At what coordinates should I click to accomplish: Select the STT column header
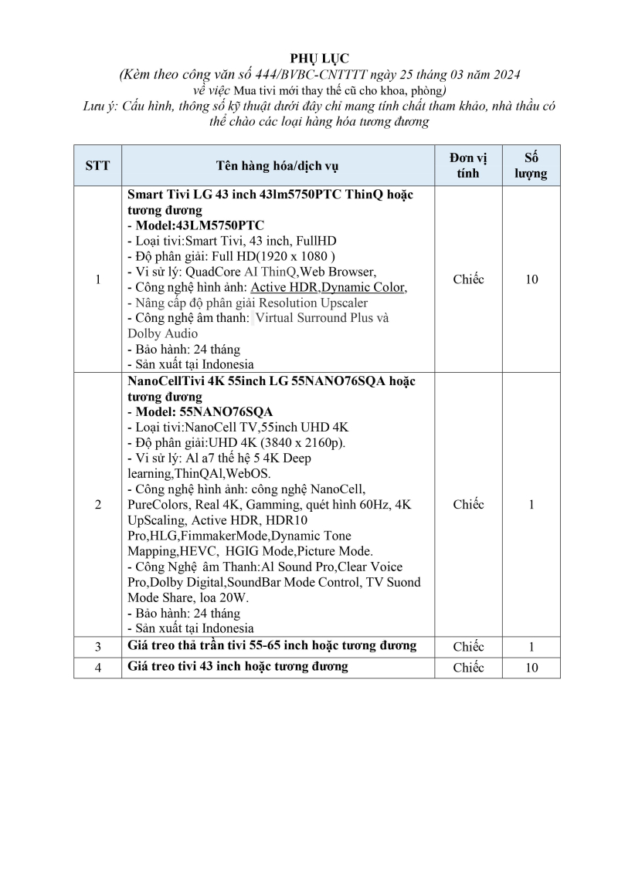97,165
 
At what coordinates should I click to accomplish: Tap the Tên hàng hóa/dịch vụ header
277,165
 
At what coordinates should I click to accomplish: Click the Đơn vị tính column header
468,165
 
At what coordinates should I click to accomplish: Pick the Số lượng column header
531,165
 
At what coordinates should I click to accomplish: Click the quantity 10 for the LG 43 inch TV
531,279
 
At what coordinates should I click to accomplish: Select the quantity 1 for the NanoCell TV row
531,504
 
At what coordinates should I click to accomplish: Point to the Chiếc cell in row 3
468,647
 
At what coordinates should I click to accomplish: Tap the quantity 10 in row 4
531,668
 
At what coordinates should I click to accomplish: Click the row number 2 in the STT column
97,504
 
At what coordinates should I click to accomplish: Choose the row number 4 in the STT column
97,668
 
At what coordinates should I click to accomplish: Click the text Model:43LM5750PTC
199,225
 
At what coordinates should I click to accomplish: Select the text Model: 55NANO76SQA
203,411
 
